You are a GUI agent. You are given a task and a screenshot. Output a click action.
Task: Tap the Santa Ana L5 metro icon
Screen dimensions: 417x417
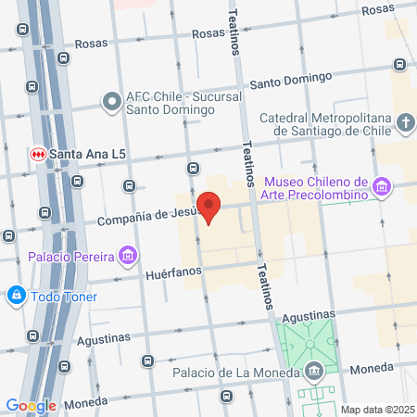(x=39, y=153)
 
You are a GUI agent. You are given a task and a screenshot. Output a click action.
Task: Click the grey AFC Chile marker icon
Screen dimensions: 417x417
(x=111, y=100)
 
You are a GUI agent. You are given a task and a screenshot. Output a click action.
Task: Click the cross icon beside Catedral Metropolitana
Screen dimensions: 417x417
(x=406, y=123)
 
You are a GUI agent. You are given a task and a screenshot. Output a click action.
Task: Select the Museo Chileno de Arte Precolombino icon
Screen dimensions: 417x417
(x=380, y=188)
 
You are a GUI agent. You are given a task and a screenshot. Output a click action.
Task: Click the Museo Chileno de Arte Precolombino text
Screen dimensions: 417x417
(x=317, y=187)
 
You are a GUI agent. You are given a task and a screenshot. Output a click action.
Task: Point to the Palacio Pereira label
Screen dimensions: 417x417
(x=70, y=256)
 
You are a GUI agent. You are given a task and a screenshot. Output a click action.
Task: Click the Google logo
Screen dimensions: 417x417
(x=31, y=405)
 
